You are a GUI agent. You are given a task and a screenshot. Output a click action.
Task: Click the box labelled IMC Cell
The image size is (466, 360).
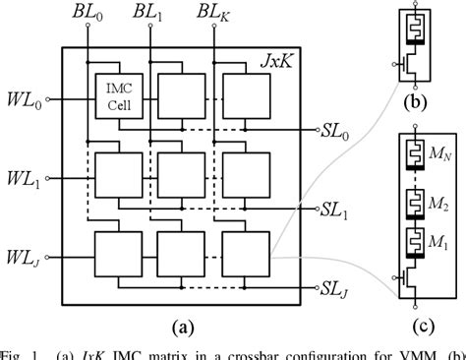117,92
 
